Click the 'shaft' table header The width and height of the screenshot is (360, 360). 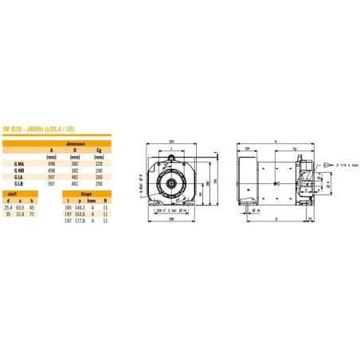point(12,192)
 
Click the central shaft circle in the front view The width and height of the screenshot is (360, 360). point(170,182)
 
